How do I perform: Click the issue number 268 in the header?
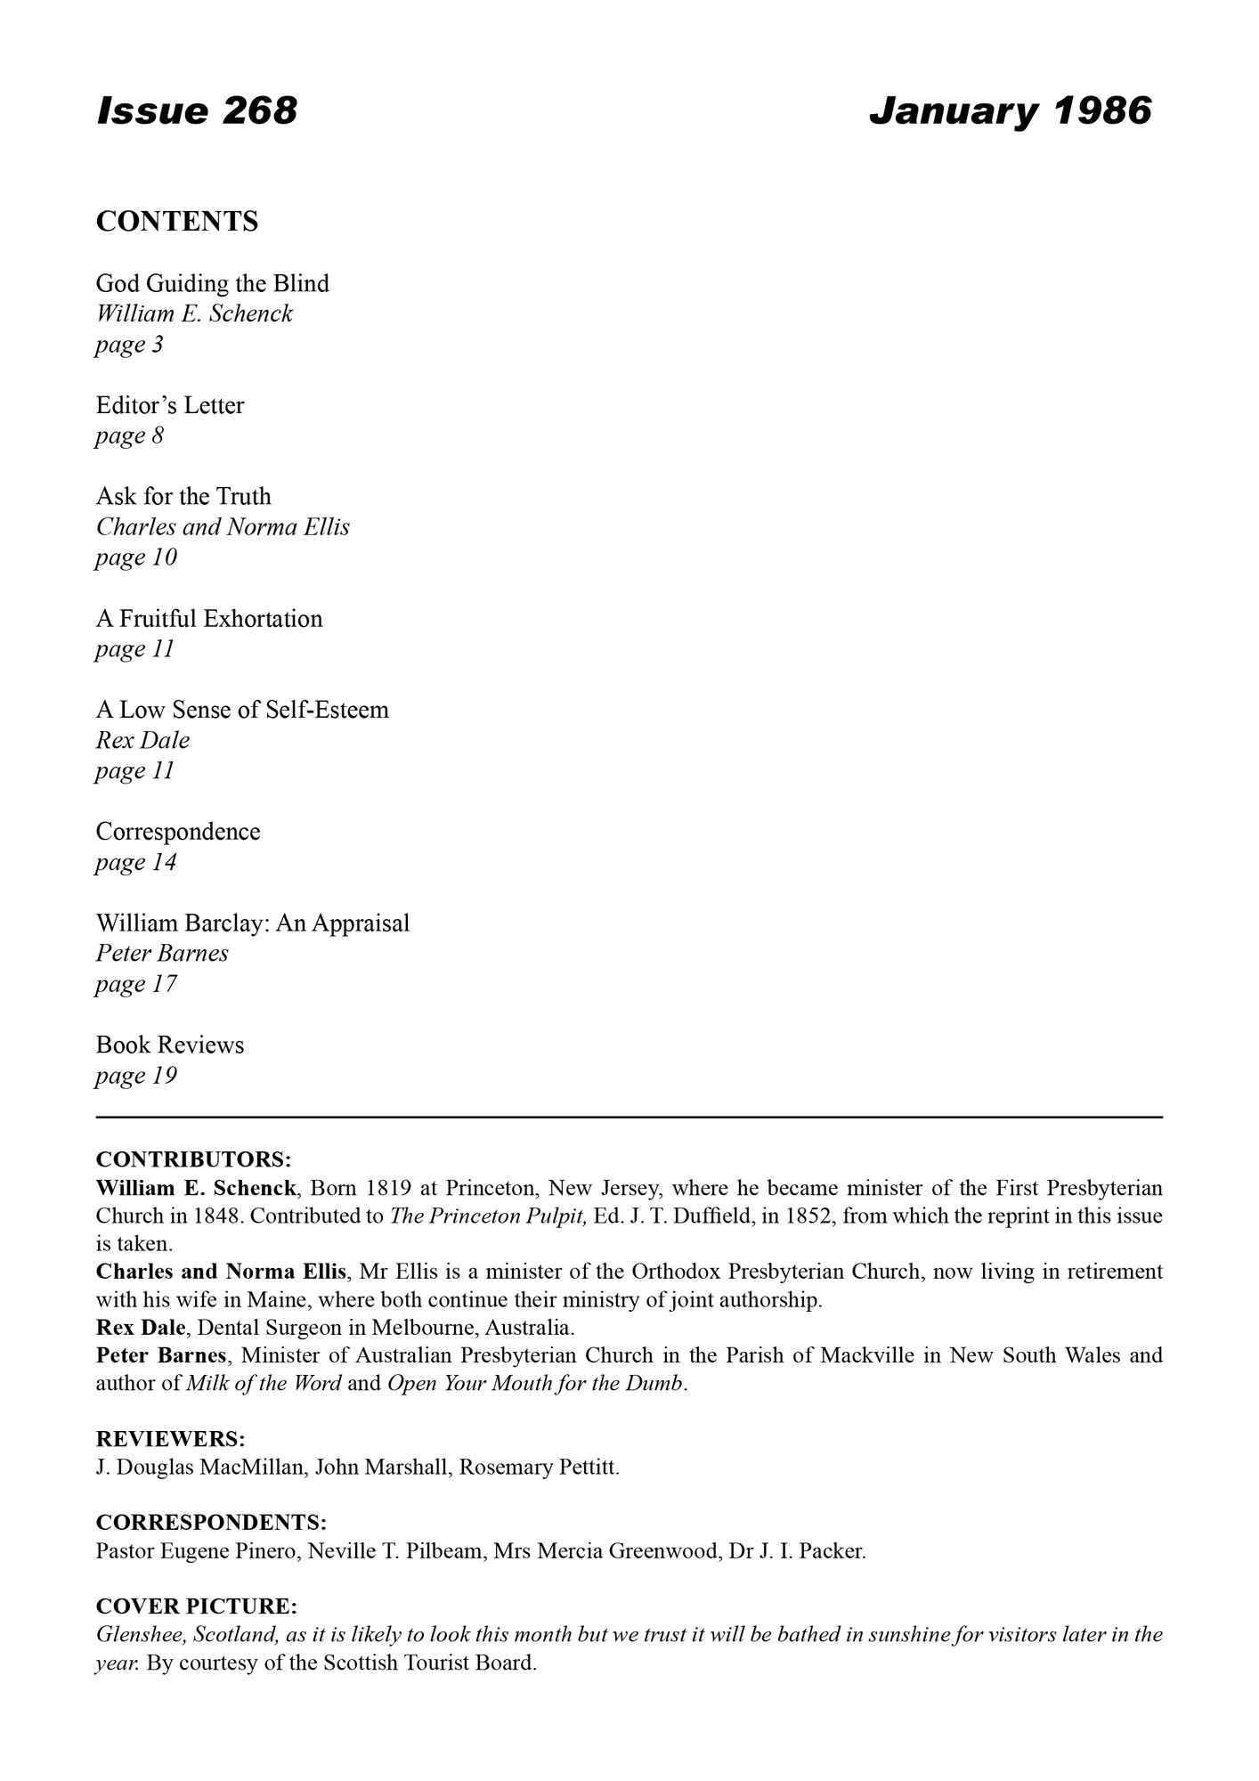[x=259, y=111]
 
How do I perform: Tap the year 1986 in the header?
[x=1102, y=111]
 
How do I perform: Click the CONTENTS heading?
[x=177, y=222]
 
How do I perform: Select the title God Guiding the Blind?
[x=213, y=283]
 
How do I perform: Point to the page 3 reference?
[x=130, y=345]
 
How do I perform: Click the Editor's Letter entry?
[x=170, y=405]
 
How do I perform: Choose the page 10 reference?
[x=136, y=557]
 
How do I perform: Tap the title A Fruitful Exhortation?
[x=209, y=618]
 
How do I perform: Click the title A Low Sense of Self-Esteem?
[x=242, y=710]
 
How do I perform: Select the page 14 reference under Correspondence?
[x=136, y=862]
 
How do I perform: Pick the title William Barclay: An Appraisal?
[x=253, y=923]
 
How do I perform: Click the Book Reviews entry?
[x=170, y=1045]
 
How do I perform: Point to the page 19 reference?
[x=136, y=1076]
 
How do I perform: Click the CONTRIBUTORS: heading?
[x=193, y=1159]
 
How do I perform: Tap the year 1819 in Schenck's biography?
[x=388, y=1188]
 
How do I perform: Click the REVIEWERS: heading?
[x=170, y=1439]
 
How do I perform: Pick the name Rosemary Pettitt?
[x=540, y=1468]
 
